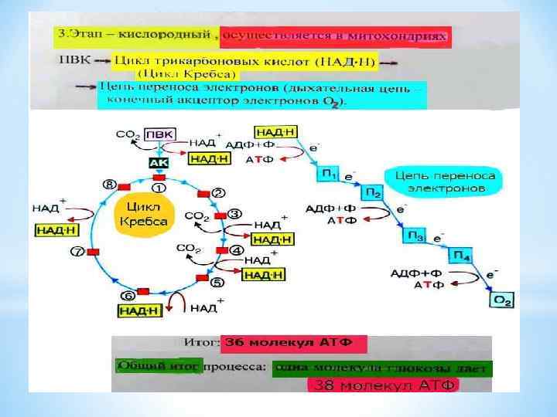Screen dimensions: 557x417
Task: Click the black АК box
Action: click(158, 164)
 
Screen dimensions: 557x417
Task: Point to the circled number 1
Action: click(158, 187)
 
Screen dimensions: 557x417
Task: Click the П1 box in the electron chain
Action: click(329, 177)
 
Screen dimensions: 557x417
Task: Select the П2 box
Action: click(373, 192)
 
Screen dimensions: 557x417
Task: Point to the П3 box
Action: click(417, 236)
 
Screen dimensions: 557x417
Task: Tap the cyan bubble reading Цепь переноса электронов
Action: click(445, 182)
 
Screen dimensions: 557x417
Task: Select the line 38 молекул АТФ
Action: click(382, 384)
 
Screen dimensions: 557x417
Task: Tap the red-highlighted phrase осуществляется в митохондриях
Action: click(334, 36)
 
